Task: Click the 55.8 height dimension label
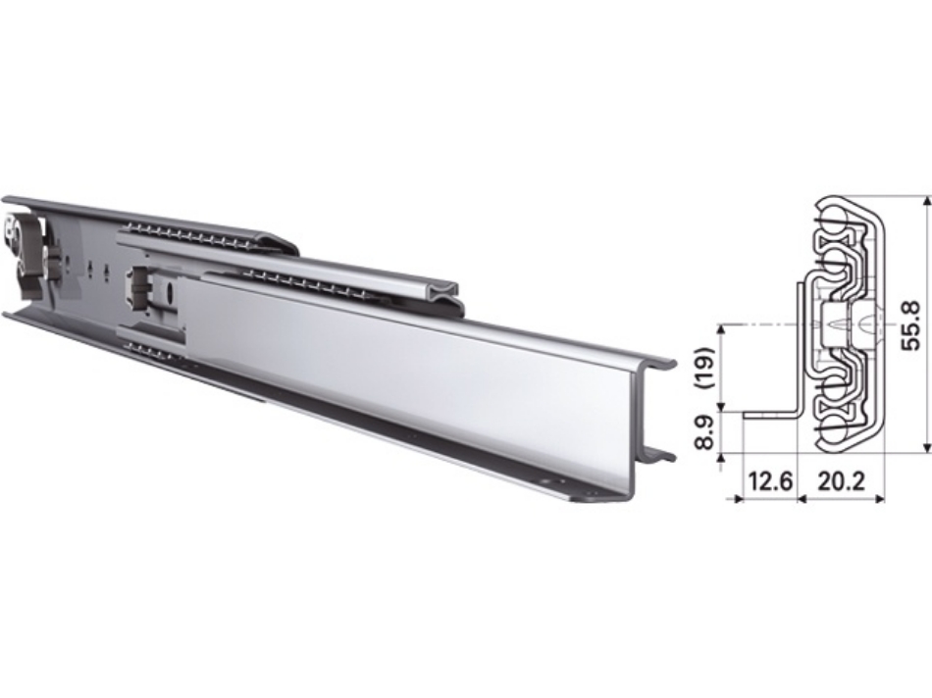(x=911, y=323)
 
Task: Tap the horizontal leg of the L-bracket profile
(x=770, y=414)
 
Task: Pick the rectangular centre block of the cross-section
(x=863, y=324)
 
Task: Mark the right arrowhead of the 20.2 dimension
(x=879, y=498)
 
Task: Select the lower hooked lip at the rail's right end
(x=660, y=455)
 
